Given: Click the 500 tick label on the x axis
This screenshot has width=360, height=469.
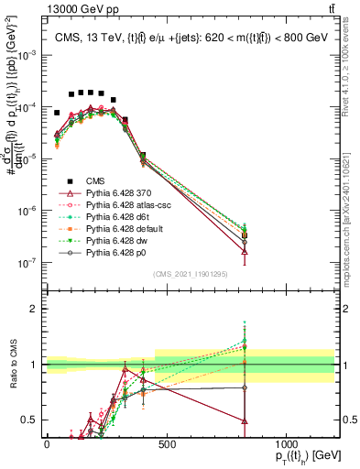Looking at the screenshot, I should pos(166,443).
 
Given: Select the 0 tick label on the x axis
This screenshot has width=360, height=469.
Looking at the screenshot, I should pos(47,443).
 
